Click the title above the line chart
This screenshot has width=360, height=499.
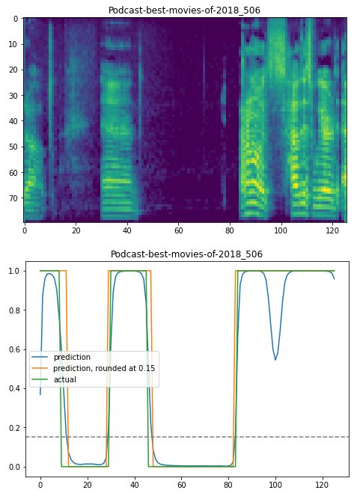(186, 254)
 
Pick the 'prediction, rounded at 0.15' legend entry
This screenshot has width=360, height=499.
(104, 368)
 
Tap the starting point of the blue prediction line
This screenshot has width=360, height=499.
(40, 394)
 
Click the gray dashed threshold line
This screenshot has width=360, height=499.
(187, 437)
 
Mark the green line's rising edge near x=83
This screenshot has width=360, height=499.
(235, 367)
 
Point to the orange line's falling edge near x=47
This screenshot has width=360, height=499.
(151, 367)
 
